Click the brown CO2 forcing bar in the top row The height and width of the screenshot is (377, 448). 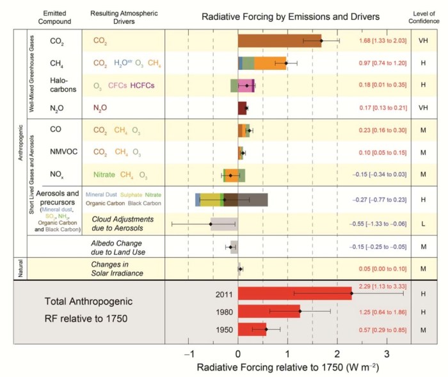(280, 40)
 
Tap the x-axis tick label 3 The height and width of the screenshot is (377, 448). (387, 354)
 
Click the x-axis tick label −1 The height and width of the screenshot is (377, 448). (188, 354)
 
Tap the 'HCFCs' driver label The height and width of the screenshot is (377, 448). (143, 85)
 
